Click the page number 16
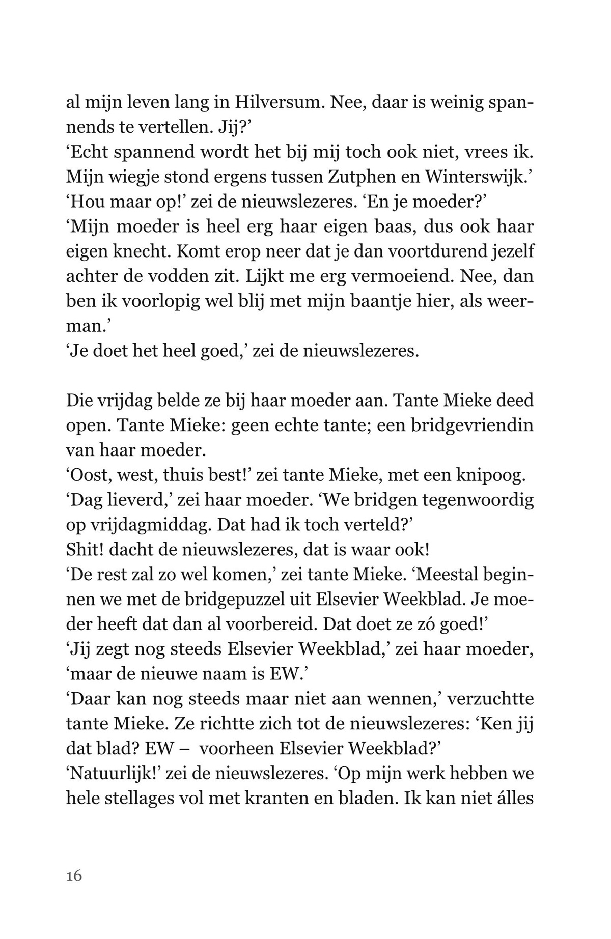point(74,876)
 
